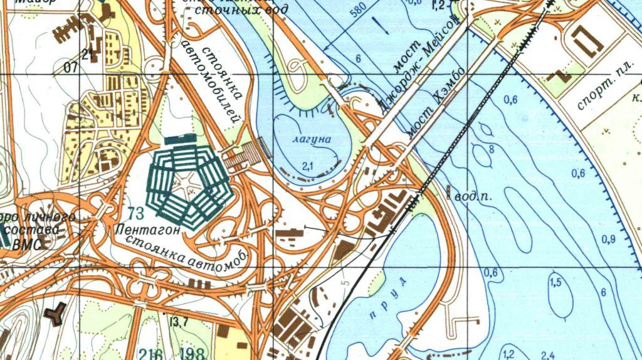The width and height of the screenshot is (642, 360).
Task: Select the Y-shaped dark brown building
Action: [x=57, y=312]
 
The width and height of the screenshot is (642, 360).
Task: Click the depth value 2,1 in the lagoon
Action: [x=307, y=165]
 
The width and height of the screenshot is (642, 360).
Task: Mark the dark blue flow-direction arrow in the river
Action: [x=381, y=26]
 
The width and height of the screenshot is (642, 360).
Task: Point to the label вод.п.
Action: [x=471, y=196]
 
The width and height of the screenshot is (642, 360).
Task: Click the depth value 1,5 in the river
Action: [x=555, y=283]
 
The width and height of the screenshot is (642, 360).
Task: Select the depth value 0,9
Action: [x=608, y=239]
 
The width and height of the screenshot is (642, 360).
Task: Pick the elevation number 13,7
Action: [x=179, y=322]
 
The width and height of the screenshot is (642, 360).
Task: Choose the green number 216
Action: [x=147, y=353]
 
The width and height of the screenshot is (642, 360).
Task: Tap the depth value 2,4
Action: [x=547, y=354]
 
